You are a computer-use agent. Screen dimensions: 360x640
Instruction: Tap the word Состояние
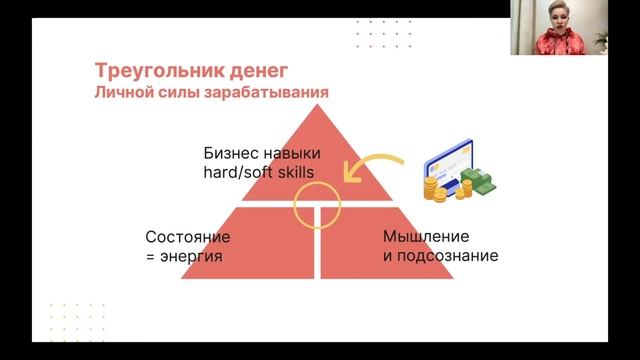(x=188, y=237)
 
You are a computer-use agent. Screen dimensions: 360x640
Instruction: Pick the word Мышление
(x=425, y=236)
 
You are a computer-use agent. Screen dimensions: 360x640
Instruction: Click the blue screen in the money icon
(x=450, y=161)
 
